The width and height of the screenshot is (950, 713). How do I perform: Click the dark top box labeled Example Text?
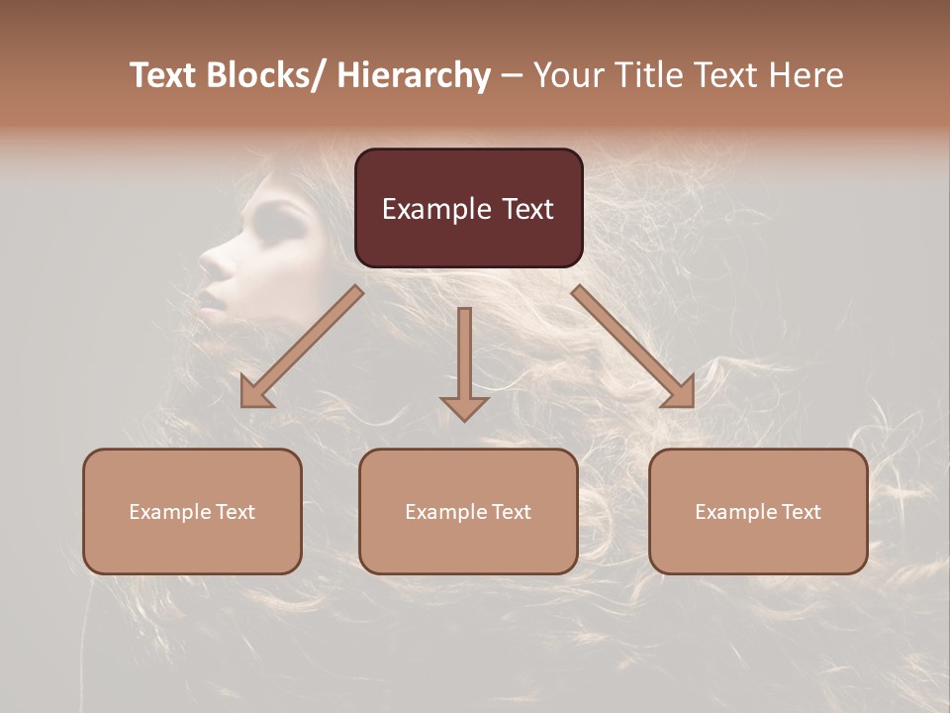point(468,208)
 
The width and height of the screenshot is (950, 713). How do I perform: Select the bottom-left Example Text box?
point(192,511)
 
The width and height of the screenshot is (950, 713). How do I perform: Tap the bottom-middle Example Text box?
point(468,511)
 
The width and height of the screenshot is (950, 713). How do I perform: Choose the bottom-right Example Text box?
point(758,511)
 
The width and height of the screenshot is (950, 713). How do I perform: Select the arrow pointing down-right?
point(634,348)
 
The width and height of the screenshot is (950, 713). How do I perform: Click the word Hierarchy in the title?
point(414,75)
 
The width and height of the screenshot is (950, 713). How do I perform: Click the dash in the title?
point(511,75)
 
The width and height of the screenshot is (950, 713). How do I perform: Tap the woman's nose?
point(211,261)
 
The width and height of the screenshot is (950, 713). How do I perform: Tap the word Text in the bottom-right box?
point(800,512)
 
